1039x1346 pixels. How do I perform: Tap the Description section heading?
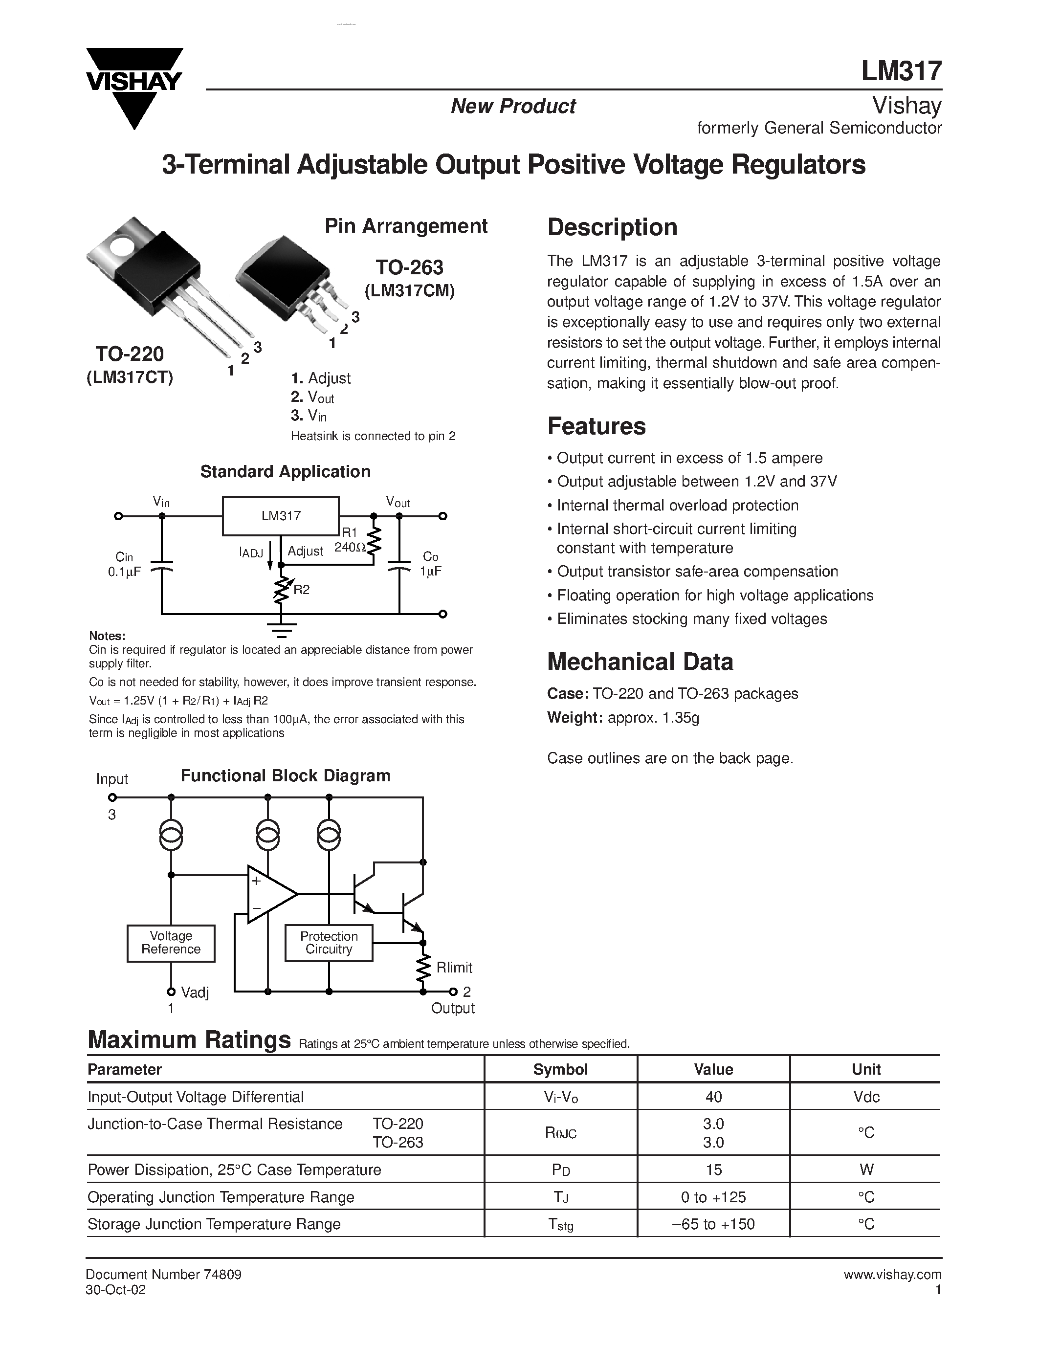[612, 227]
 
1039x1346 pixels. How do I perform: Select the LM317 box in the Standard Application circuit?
[280, 516]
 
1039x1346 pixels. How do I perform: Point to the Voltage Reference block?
[171, 943]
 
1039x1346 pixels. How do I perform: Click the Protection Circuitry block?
[329, 943]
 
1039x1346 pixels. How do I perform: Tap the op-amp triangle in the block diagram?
[269, 894]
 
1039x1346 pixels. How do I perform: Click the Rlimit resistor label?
[454, 968]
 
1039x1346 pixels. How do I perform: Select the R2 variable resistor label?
[301, 590]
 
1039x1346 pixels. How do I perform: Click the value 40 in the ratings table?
[713, 1097]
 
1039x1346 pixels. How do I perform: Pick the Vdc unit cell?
[865, 1097]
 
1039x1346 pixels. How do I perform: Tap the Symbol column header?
[560, 1069]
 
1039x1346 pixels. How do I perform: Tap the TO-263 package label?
[409, 267]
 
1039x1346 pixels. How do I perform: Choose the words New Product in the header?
[513, 106]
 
